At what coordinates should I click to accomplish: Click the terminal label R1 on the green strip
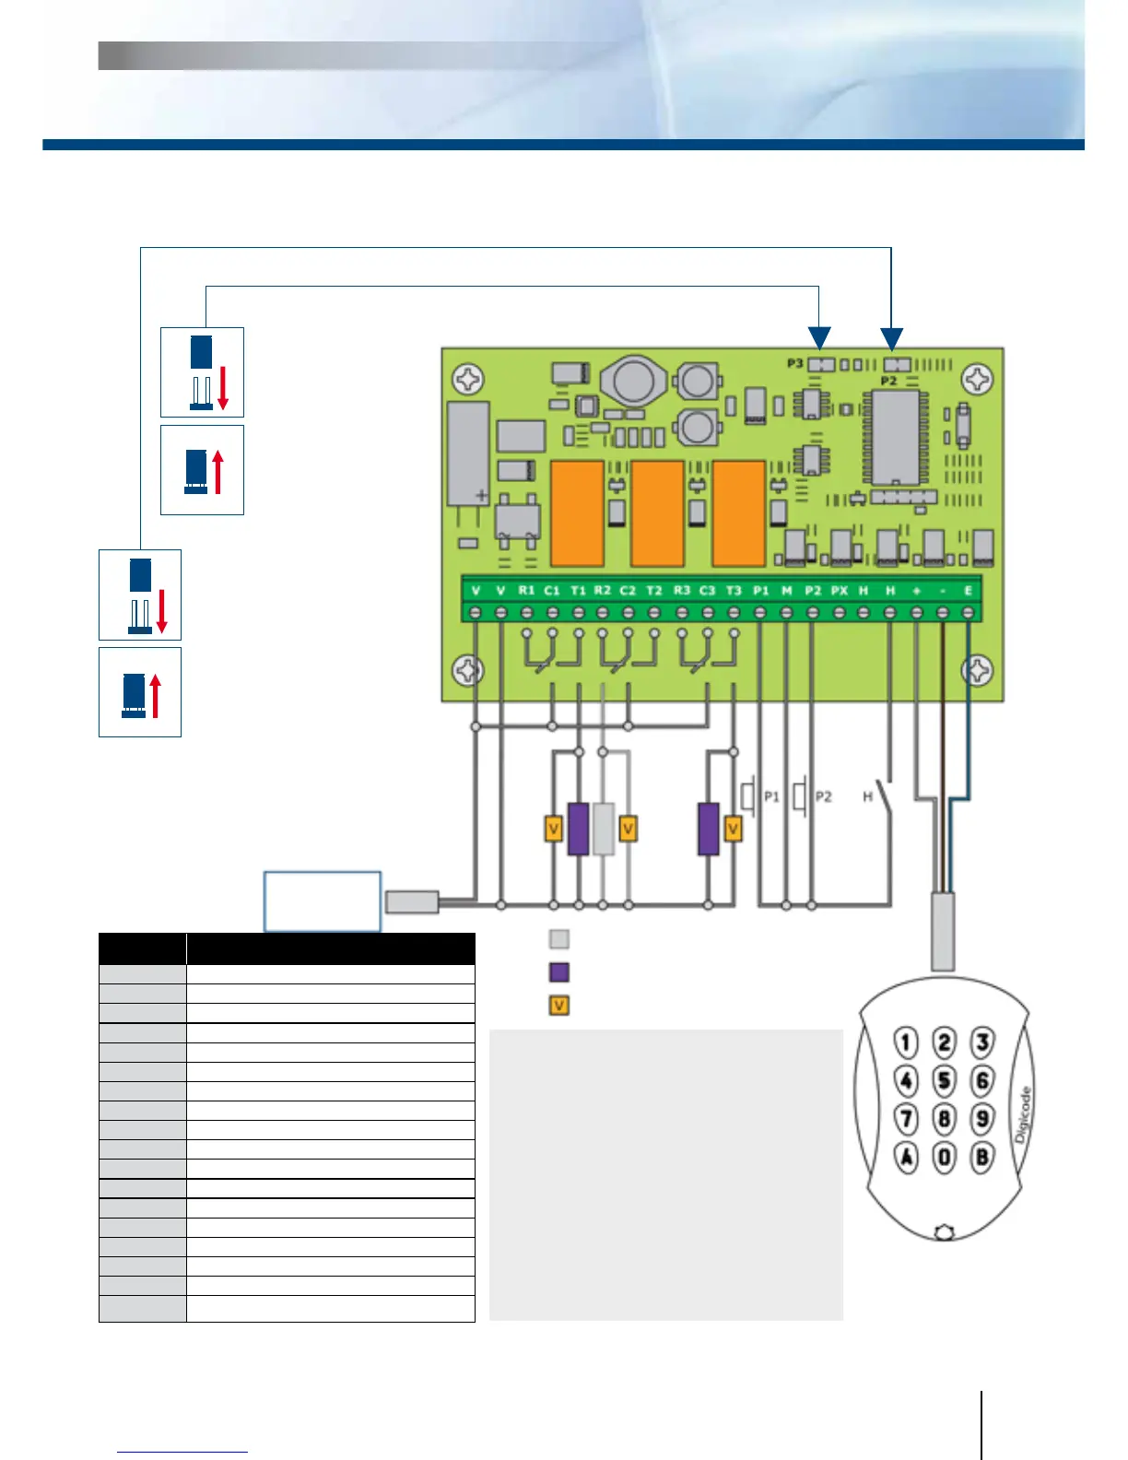[x=526, y=590]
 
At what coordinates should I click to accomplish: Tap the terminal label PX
[x=839, y=590]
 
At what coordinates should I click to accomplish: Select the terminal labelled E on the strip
[x=969, y=590]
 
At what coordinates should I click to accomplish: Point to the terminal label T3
[x=734, y=590]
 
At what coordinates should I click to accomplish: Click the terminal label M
[x=786, y=590]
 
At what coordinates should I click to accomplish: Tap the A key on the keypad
[x=907, y=1157]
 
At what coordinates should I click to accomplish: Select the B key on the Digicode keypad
[x=982, y=1157]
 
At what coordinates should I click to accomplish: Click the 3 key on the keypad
[x=982, y=1042]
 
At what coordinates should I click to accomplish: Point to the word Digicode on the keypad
[x=1023, y=1115]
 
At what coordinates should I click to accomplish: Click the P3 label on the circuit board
[x=794, y=364]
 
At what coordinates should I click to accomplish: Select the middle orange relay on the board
[x=657, y=513]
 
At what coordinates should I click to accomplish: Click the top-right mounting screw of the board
[x=977, y=379]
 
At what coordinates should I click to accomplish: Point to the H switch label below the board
[x=867, y=796]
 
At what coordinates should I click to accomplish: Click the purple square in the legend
[x=559, y=972]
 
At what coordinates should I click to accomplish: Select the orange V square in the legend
[x=559, y=1006]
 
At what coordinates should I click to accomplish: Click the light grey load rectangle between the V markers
[x=604, y=829]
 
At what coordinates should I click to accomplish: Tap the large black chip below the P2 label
[x=894, y=438]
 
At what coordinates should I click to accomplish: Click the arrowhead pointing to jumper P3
[x=819, y=338]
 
